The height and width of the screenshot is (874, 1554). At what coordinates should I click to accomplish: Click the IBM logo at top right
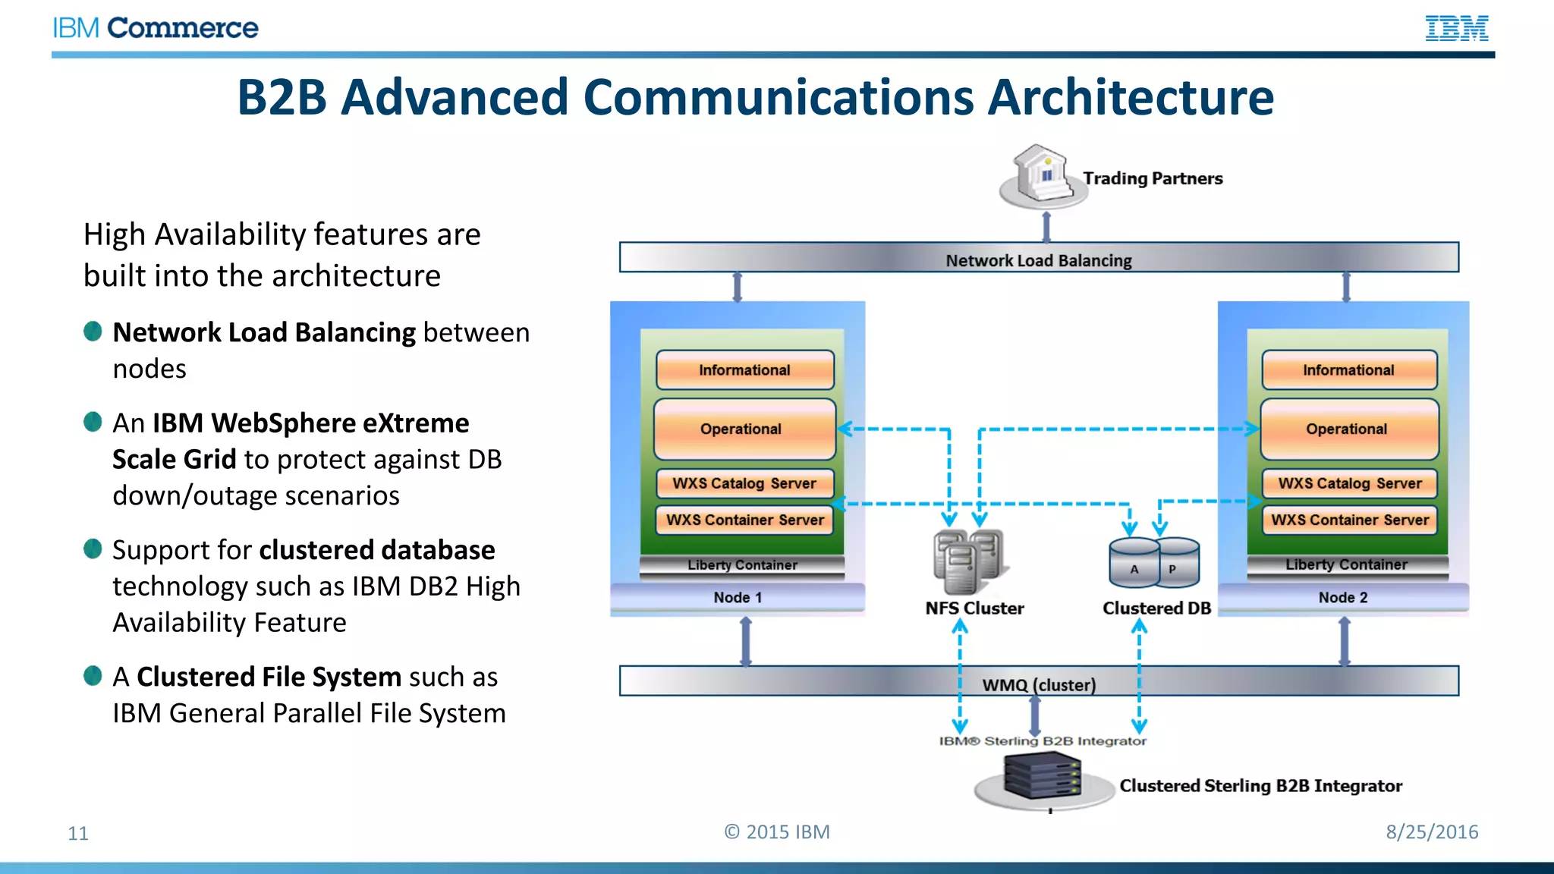pos(1456,28)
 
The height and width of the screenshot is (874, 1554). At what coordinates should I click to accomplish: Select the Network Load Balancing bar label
pos(1038,260)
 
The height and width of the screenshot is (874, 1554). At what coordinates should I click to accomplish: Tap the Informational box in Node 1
pos(744,370)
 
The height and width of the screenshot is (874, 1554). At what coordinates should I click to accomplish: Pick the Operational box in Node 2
pos(1348,429)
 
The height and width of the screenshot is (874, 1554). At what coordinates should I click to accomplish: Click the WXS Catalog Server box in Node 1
pos(744,483)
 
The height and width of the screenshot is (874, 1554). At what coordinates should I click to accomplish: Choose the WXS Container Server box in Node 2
pos(1349,520)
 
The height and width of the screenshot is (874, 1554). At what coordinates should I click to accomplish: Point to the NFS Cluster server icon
pos(967,562)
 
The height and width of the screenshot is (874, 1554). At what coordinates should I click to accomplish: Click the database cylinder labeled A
pos(1134,565)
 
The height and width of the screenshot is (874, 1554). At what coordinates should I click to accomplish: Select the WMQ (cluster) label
pos(1038,684)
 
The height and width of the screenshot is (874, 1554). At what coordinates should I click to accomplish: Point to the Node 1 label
pos(737,598)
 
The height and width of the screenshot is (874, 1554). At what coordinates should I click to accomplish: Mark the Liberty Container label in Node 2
pos(1346,564)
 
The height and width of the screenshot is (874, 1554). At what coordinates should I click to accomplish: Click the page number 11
pos(78,833)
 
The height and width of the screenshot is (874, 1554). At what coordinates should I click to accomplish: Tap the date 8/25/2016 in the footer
pos(1432,832)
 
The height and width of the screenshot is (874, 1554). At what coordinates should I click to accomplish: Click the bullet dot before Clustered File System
pos(93,675)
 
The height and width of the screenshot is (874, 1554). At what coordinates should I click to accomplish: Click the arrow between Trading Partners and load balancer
pos(1046,227)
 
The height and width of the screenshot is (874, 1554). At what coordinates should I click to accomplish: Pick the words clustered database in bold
pos(377,550)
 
